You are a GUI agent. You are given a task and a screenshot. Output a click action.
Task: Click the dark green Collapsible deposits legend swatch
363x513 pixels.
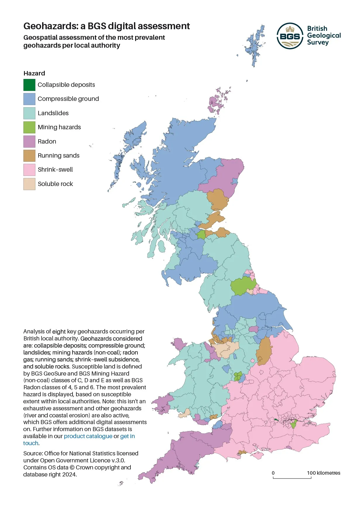click(x=29, y=85)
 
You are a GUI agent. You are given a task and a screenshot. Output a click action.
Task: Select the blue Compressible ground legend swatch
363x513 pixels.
click(x=29, y=99)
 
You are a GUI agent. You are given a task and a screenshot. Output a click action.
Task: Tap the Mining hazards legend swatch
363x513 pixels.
click(x=29, y=127)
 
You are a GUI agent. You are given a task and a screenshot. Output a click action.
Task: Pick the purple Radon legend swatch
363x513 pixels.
click(x=29, y=142)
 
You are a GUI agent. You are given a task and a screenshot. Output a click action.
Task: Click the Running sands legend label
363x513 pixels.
click(x=59, y=156)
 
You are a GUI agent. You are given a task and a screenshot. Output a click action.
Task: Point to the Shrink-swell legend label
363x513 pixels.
click(x=55, y=170)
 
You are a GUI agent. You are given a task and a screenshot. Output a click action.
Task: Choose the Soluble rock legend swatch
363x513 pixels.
click(x=29, y=184)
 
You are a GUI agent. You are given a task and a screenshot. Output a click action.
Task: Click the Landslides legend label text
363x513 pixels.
click(x=53, y=113)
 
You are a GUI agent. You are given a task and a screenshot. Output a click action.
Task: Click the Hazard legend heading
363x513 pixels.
click(x=34, y=73)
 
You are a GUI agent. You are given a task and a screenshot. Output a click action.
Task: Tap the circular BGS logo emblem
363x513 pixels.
click(x=290, y=36)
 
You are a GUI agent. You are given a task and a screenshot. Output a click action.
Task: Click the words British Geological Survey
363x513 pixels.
click(x=324, y=35)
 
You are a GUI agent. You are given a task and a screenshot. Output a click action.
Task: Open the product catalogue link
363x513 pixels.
click(x=88, y=436)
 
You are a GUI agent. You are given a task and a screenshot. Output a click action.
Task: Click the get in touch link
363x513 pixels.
click(x=128, y=436)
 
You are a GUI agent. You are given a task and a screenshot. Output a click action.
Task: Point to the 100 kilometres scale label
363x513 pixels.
click(x=324, y=473)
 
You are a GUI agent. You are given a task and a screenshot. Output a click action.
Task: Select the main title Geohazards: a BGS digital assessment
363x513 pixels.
click(x=106, y=26)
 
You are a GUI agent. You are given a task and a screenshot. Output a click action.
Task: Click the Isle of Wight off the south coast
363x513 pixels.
click(x=258, y=455)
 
